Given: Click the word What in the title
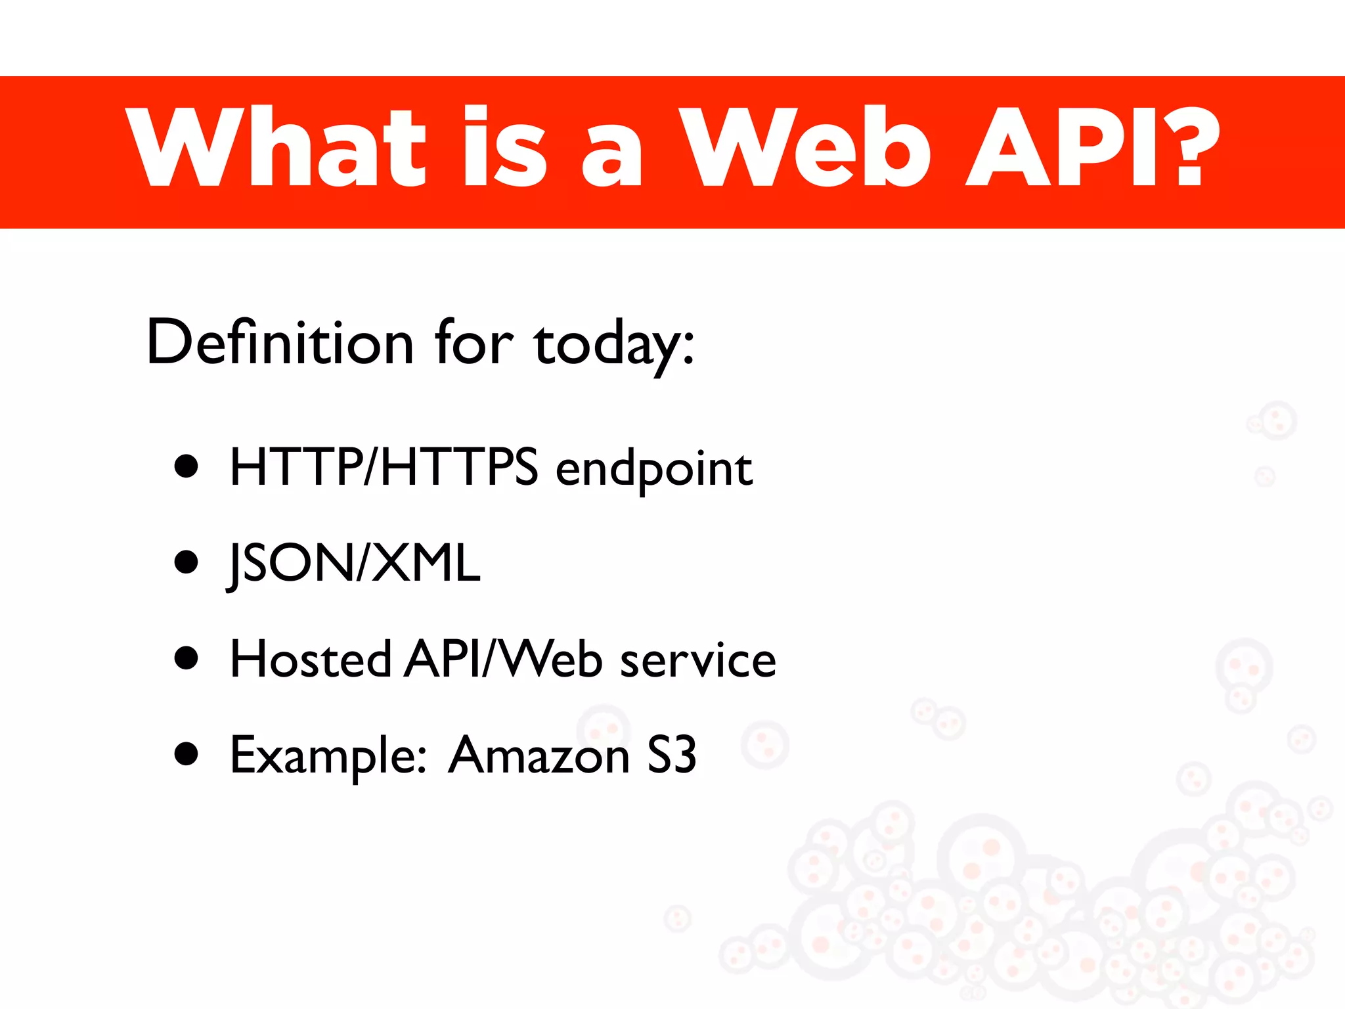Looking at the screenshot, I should pyautogui.click(x=276, y=147).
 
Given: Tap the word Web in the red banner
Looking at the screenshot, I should pyautogui.click(x=805, y=147).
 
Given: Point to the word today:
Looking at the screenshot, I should pyautogui.click(x=614, y=345).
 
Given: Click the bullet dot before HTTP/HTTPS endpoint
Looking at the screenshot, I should pyautogui.click(x=187, y=466).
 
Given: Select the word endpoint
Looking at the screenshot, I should pyautogui.click(x=654, y=469).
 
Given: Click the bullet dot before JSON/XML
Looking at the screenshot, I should pyautogui.click(x=187, y=562).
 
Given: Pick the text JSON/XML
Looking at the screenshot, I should pyautogui.click(x=355, y=564).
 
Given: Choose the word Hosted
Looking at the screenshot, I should pyautogui.click(x=311, y=659).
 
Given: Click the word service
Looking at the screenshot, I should pyautogui.click(x=698, y=660).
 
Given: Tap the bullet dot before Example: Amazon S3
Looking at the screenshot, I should pyautogui.click(x=187, y=754).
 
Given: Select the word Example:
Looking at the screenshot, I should pyautogui.click(x=328, y=755).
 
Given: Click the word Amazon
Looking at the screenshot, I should pyautogui.click(x=539, y=755).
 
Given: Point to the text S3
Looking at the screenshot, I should pyautogui.click(x=671, y=755).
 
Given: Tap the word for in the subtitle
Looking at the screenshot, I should pyautogui.click(x=474, y=342).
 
